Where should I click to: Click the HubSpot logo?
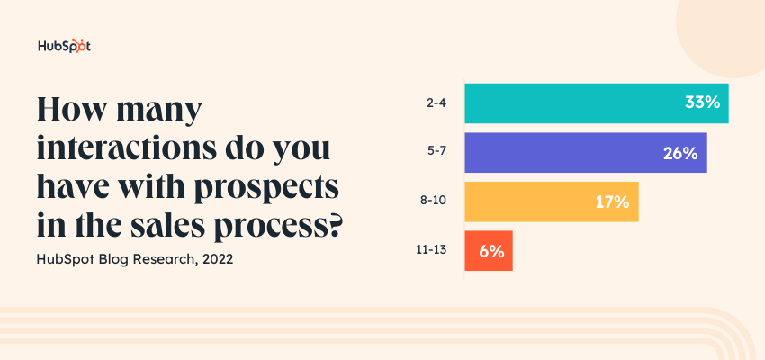(64, 47)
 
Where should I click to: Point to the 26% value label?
(680, 153)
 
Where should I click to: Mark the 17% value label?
(611, 202)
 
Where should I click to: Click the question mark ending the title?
(333, 222)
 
